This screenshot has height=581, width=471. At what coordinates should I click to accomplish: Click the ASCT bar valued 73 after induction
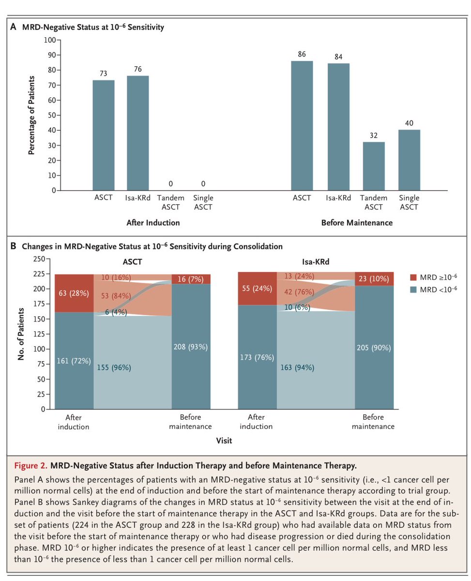coord(104,135)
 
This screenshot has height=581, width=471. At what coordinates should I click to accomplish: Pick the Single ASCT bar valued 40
coord(410,160)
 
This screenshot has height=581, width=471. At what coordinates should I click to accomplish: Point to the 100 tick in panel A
coord(49,40)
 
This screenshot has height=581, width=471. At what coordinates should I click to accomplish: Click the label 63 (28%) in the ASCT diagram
coord(74,293)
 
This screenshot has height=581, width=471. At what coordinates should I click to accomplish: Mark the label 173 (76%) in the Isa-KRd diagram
coord(257,357)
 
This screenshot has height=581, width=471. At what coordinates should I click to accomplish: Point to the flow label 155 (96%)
coord(114,367)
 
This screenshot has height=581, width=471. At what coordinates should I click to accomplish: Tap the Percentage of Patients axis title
coord(32,115)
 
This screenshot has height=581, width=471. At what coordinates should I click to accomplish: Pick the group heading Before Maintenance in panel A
coord(356,223)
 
